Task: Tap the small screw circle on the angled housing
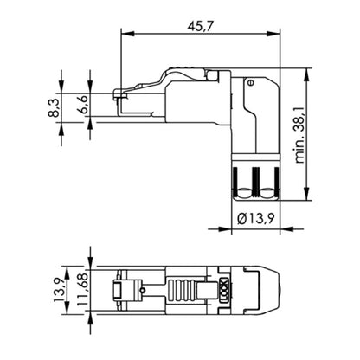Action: [249, 84]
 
